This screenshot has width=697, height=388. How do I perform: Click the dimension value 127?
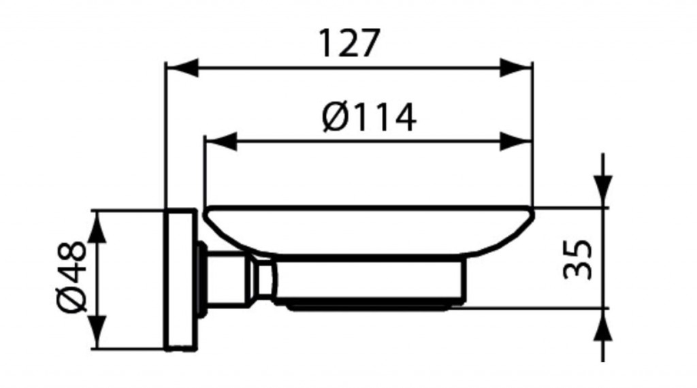[350, 44]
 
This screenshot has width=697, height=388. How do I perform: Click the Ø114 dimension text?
[370, 118]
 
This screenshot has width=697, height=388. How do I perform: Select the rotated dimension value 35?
[577, 259]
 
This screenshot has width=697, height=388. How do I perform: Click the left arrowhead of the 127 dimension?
[182, 68]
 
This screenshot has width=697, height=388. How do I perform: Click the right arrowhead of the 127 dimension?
[516, 68]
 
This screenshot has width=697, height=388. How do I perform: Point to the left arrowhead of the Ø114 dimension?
[221, 142]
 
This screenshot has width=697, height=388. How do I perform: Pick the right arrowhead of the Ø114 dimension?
[516, 142]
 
